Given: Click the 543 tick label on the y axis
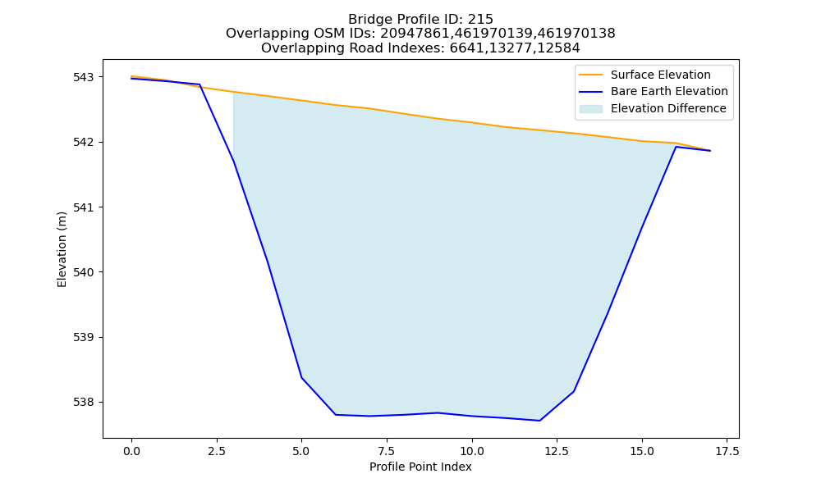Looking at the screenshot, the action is (x=84, y=77).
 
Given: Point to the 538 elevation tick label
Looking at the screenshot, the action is (x=84, y=403).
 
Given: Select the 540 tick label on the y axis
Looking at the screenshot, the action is (x=84, y=272).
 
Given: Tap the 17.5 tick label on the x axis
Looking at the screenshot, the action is (x=727, y=451).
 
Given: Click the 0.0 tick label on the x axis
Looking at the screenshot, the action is (x=131, y=451).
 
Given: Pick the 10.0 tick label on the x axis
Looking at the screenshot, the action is (x=472, y=451).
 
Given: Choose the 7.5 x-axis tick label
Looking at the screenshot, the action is (x=387, y=451).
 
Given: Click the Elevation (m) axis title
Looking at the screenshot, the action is (x=62, y=249).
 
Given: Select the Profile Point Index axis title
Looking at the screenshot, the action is (x=420, y=467).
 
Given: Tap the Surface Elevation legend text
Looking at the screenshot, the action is (x=660, y=75).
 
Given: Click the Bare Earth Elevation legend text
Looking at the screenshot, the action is (x=669, y=92).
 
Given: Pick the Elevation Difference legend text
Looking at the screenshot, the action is (x=668, y=108).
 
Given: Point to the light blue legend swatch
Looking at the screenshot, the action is (x=590, y=109).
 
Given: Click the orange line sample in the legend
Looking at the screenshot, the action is (x=590, y=75).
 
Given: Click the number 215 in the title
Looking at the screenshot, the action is (x=482, y=20).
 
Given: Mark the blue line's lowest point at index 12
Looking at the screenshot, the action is (x=540, y=421).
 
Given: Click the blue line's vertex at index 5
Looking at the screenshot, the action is (x=301, y=377).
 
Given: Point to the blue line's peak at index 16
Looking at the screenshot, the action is (x=676, y=147).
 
